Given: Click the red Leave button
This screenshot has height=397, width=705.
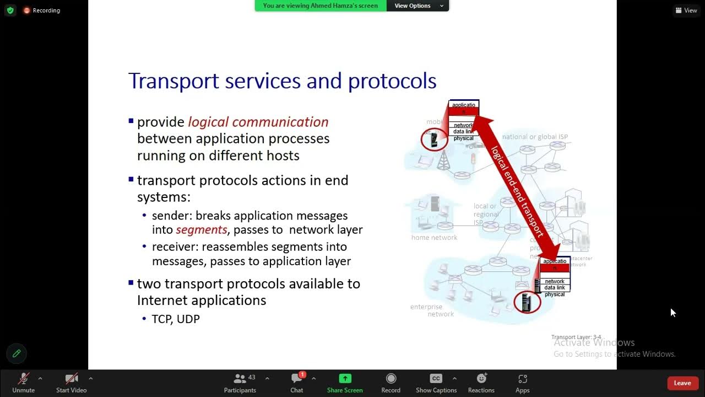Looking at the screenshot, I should tap(682, 383).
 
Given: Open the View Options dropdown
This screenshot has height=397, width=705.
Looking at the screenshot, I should tap(417, 6).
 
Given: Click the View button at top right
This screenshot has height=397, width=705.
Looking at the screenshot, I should tap(686, 10).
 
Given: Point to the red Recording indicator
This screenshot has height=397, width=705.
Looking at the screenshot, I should tap(42, 10).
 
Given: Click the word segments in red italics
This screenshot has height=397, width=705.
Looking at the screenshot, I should tap(201, 229).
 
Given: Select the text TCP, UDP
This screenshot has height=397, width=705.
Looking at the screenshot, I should tap(176, 319).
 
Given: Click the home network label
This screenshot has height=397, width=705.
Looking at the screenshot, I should tap(434, 238).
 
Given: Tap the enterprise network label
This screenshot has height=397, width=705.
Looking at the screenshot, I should tap(432, 310).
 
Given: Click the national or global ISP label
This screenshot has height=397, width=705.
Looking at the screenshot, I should tap(535, 137).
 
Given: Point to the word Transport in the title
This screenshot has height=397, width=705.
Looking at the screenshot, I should tap(173, 81).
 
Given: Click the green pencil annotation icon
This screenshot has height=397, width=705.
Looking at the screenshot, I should tap(17, 353).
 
